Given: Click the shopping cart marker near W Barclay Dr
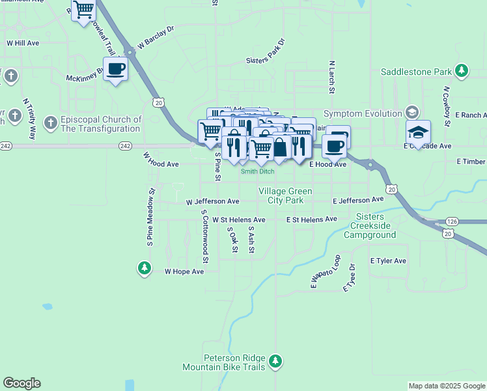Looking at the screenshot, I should coord(83,10).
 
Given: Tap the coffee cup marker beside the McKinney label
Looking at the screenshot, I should coord(116,68).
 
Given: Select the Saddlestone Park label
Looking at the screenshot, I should coord(416,71).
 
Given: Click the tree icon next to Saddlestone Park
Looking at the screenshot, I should coord(462,70).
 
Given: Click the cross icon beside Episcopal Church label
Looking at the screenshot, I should coord(50,123).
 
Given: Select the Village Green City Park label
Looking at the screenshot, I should coord(285,195).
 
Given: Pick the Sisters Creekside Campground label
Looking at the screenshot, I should coord(373,225).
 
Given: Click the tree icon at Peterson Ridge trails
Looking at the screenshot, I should coord(275,360).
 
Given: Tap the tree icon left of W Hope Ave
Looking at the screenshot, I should coord(144,268).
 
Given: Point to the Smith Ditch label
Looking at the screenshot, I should coord(257,172).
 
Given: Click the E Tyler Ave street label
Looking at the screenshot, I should coord(388,261).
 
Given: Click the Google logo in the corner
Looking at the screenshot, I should coord(21,383).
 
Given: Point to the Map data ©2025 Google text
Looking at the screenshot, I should coord(447,386).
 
